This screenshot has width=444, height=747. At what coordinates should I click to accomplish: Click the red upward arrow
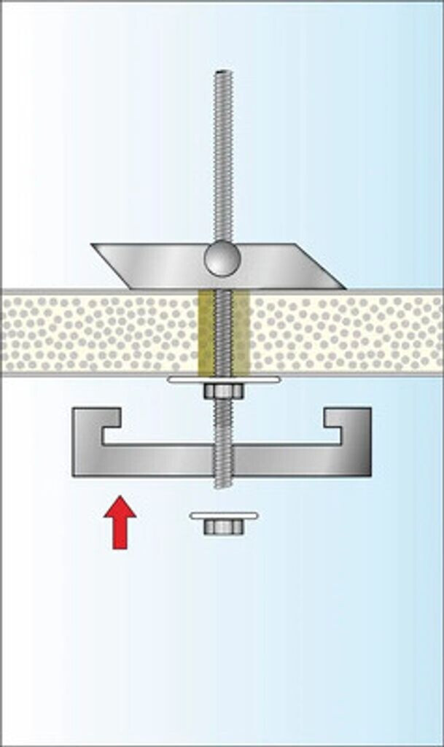120,523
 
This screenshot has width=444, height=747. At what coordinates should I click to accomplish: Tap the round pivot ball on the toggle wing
221,259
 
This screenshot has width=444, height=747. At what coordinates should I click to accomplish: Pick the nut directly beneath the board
223,392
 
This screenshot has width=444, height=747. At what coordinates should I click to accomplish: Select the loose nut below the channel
223,526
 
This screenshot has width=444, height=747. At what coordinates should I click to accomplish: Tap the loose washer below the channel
223,516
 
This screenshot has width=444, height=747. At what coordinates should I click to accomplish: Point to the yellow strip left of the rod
206,333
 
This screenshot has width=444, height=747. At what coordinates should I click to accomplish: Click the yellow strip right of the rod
241,333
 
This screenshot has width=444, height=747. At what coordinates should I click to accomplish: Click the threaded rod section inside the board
223,333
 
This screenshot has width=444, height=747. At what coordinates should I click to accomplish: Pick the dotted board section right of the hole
343,333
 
